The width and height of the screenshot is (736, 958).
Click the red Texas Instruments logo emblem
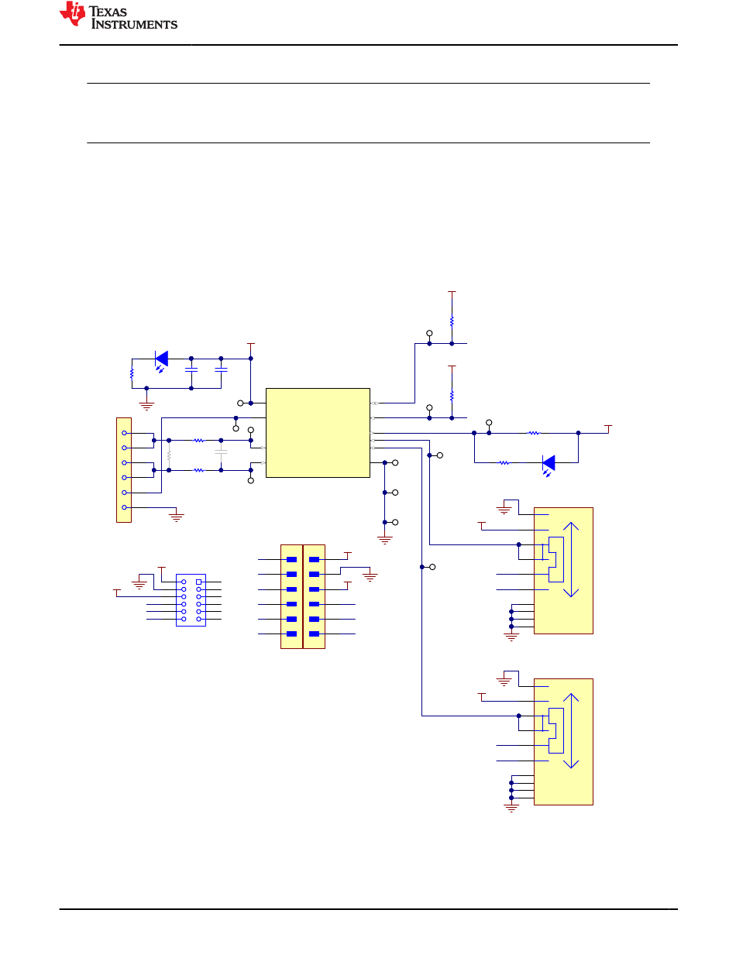click(x=72, y=14)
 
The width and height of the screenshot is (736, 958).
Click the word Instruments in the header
click(x=134, y=24)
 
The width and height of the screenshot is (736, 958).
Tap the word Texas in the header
click(x=108, y=12)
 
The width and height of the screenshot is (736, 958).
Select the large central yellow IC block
click(x=318, y=432)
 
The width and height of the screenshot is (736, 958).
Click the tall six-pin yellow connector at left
click(x=124, y=470)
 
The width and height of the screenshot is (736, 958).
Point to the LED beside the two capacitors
click(x=161, y=361)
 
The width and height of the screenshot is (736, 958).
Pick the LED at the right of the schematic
click(x=549, y=465)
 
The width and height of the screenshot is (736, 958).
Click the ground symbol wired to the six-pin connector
click(x=177, y=517)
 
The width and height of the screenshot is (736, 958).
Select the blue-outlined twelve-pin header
click(x=191, y=600)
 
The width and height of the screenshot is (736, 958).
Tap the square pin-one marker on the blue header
click(x=198, y=582)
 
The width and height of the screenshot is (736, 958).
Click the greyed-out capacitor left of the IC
click(x=221, y=452)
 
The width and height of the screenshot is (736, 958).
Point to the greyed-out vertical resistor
click(x=169, y=455)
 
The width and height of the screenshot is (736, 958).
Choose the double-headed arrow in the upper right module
click(x=571, y=559)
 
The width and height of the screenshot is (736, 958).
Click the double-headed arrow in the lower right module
click(x=571, y=730)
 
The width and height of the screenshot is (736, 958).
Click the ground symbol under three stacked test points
click(x=384, y=540)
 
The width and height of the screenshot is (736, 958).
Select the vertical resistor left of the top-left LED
click(x=132, y=373)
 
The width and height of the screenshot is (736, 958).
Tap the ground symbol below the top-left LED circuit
click(x=146, y=406)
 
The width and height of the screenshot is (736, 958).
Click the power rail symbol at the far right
click(x=608, y=428)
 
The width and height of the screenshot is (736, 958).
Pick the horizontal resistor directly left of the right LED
click(x=504, y=463)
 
